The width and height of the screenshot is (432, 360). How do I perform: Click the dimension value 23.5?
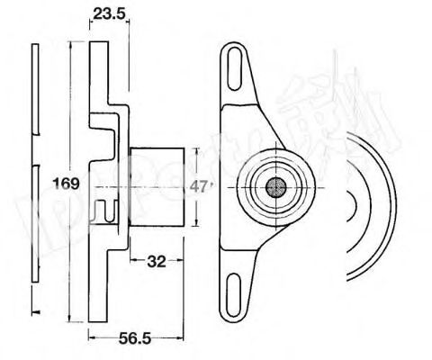(105, 13)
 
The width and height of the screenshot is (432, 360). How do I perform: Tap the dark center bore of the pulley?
(274, 187)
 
